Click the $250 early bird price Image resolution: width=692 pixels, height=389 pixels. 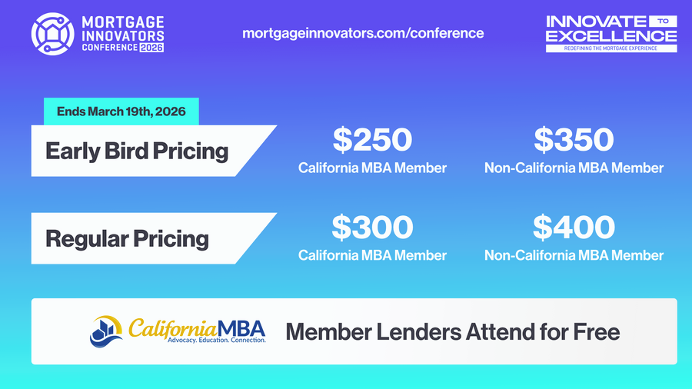point(372,139)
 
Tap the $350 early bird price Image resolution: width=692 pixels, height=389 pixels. point(574,139)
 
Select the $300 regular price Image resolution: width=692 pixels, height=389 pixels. point(372,227)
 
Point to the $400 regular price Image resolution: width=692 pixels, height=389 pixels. point(574,227)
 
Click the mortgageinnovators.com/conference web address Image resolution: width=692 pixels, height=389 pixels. point(363,33)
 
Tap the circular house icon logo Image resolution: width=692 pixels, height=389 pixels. point(52,32)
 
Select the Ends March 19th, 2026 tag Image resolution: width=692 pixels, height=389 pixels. point(121,112)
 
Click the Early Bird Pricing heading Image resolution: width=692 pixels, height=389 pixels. point(137,150)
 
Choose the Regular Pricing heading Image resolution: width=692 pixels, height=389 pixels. point(127,238)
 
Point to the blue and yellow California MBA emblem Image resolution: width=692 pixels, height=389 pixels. point(106,331)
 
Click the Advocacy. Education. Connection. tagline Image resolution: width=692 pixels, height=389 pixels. point(216,340)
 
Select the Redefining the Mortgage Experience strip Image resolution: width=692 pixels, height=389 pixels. point(611,48)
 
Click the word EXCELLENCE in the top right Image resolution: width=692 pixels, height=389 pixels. point(611,35)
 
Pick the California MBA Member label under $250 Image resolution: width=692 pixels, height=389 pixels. point(372,168)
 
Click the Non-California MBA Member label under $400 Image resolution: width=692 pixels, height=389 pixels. point(574,255)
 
